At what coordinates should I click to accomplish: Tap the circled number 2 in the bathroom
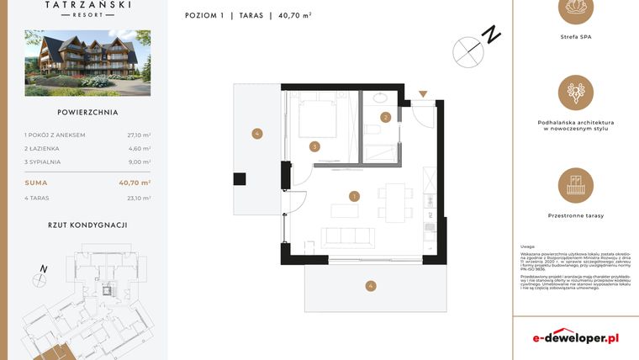(385, 118)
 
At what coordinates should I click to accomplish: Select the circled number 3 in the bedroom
(314, 146)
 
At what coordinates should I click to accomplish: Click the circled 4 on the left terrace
(256, 133)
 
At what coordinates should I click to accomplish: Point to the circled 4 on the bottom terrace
(371, 286)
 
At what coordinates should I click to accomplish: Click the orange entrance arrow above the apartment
(423, 94)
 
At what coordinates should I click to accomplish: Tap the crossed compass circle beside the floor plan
(468, 52)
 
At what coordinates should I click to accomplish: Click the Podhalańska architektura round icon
(576, 93)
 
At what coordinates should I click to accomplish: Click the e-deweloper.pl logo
(576, 337)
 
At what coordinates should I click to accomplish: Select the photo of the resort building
(87, 63)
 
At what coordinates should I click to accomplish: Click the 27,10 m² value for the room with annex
(140, 135)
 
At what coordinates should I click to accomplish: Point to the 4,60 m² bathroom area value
(140, 148)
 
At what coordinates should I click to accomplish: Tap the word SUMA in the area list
(36, 183)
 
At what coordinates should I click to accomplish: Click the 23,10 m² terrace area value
(140, 199)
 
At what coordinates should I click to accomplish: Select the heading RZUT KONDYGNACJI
(87, 225)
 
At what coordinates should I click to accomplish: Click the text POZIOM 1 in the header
(203, 14)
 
